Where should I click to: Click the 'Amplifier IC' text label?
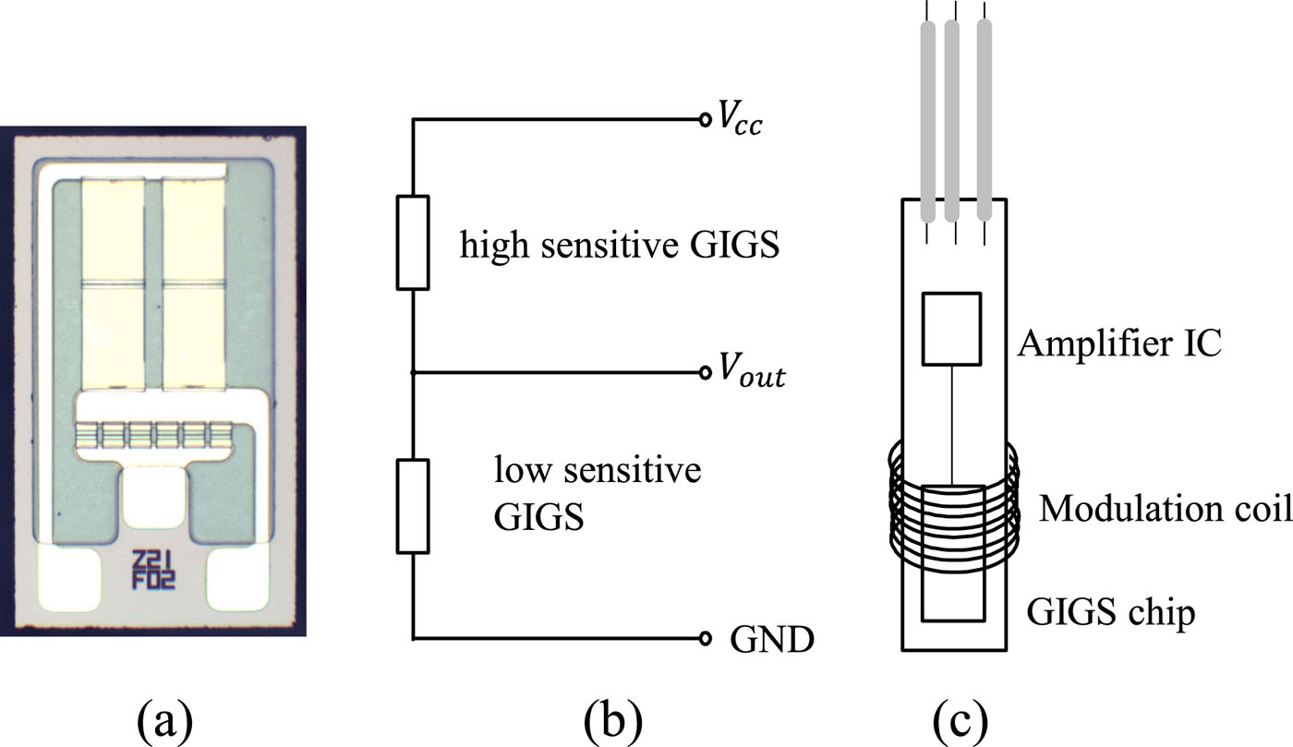(x=1119, y=344)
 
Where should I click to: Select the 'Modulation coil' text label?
(x=1164, y=508)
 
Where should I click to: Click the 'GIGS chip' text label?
(x=1111, y=610)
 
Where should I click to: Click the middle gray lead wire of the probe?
(x=952, y=118)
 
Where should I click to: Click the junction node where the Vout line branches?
(x=413, y=373)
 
